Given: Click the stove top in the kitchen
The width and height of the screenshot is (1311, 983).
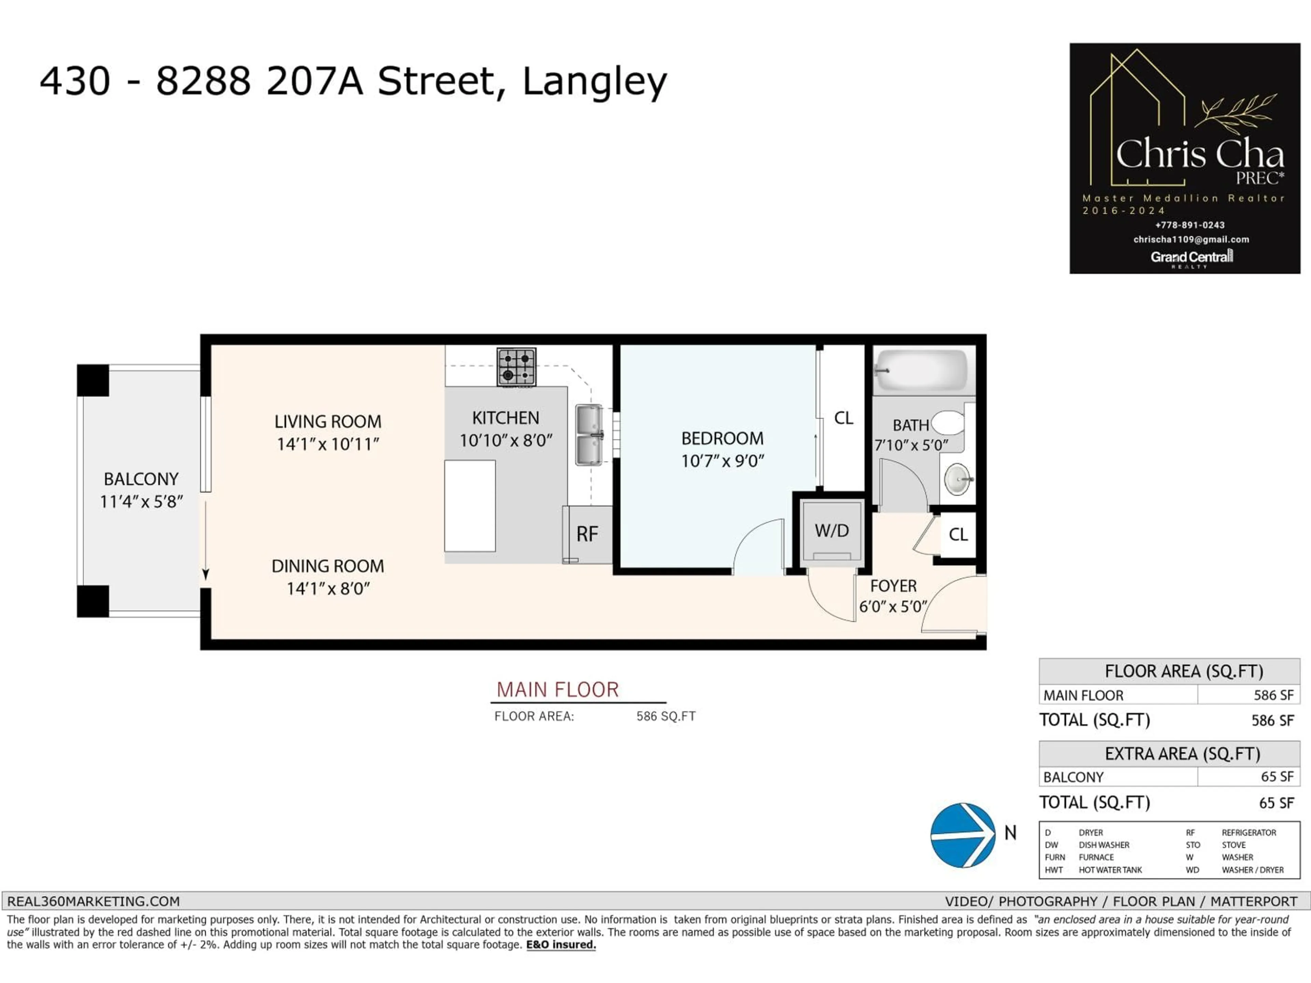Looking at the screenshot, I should [x=516, y=367].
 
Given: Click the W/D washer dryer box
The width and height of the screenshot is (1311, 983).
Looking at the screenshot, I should [x=832, y=531].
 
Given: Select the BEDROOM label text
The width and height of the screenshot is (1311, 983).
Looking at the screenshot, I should [x=722, y=439].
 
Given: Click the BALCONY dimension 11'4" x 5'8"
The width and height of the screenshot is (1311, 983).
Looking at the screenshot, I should [x=141, y=502].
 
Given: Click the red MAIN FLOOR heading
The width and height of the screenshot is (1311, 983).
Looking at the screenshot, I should [x=557, y=690].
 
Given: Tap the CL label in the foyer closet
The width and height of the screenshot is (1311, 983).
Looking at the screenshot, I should [x=958, y=535].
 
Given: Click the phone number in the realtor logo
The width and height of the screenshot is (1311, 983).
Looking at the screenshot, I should [x=1189, y=225].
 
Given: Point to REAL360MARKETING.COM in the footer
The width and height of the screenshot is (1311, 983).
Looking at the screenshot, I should [x=93, y=901].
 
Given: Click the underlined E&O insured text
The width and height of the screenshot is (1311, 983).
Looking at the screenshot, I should [x=561, y=944].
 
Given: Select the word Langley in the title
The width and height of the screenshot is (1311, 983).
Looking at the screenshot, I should [x=594, y=82].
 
